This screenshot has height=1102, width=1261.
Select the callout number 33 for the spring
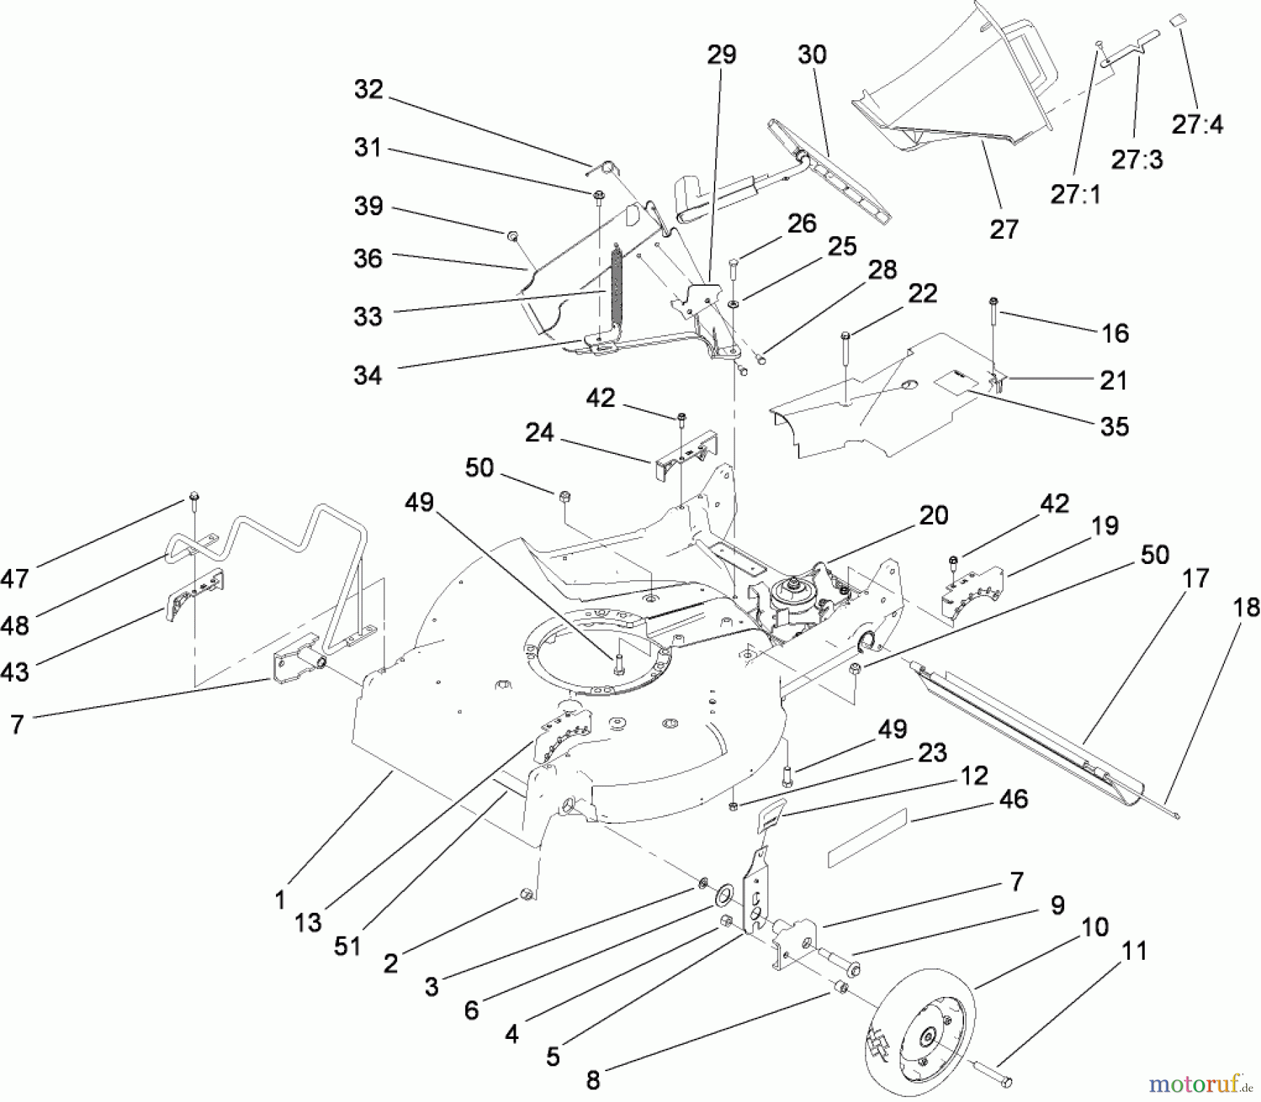pos(368,316)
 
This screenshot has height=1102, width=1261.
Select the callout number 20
pos(934,516)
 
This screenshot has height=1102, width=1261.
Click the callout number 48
pos(15,625)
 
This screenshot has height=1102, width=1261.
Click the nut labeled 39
pos(514,237)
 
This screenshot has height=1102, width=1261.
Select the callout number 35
pos(1114,427)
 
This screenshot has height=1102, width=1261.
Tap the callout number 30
pos(812,55)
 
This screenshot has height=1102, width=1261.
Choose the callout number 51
pos(347,945)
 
